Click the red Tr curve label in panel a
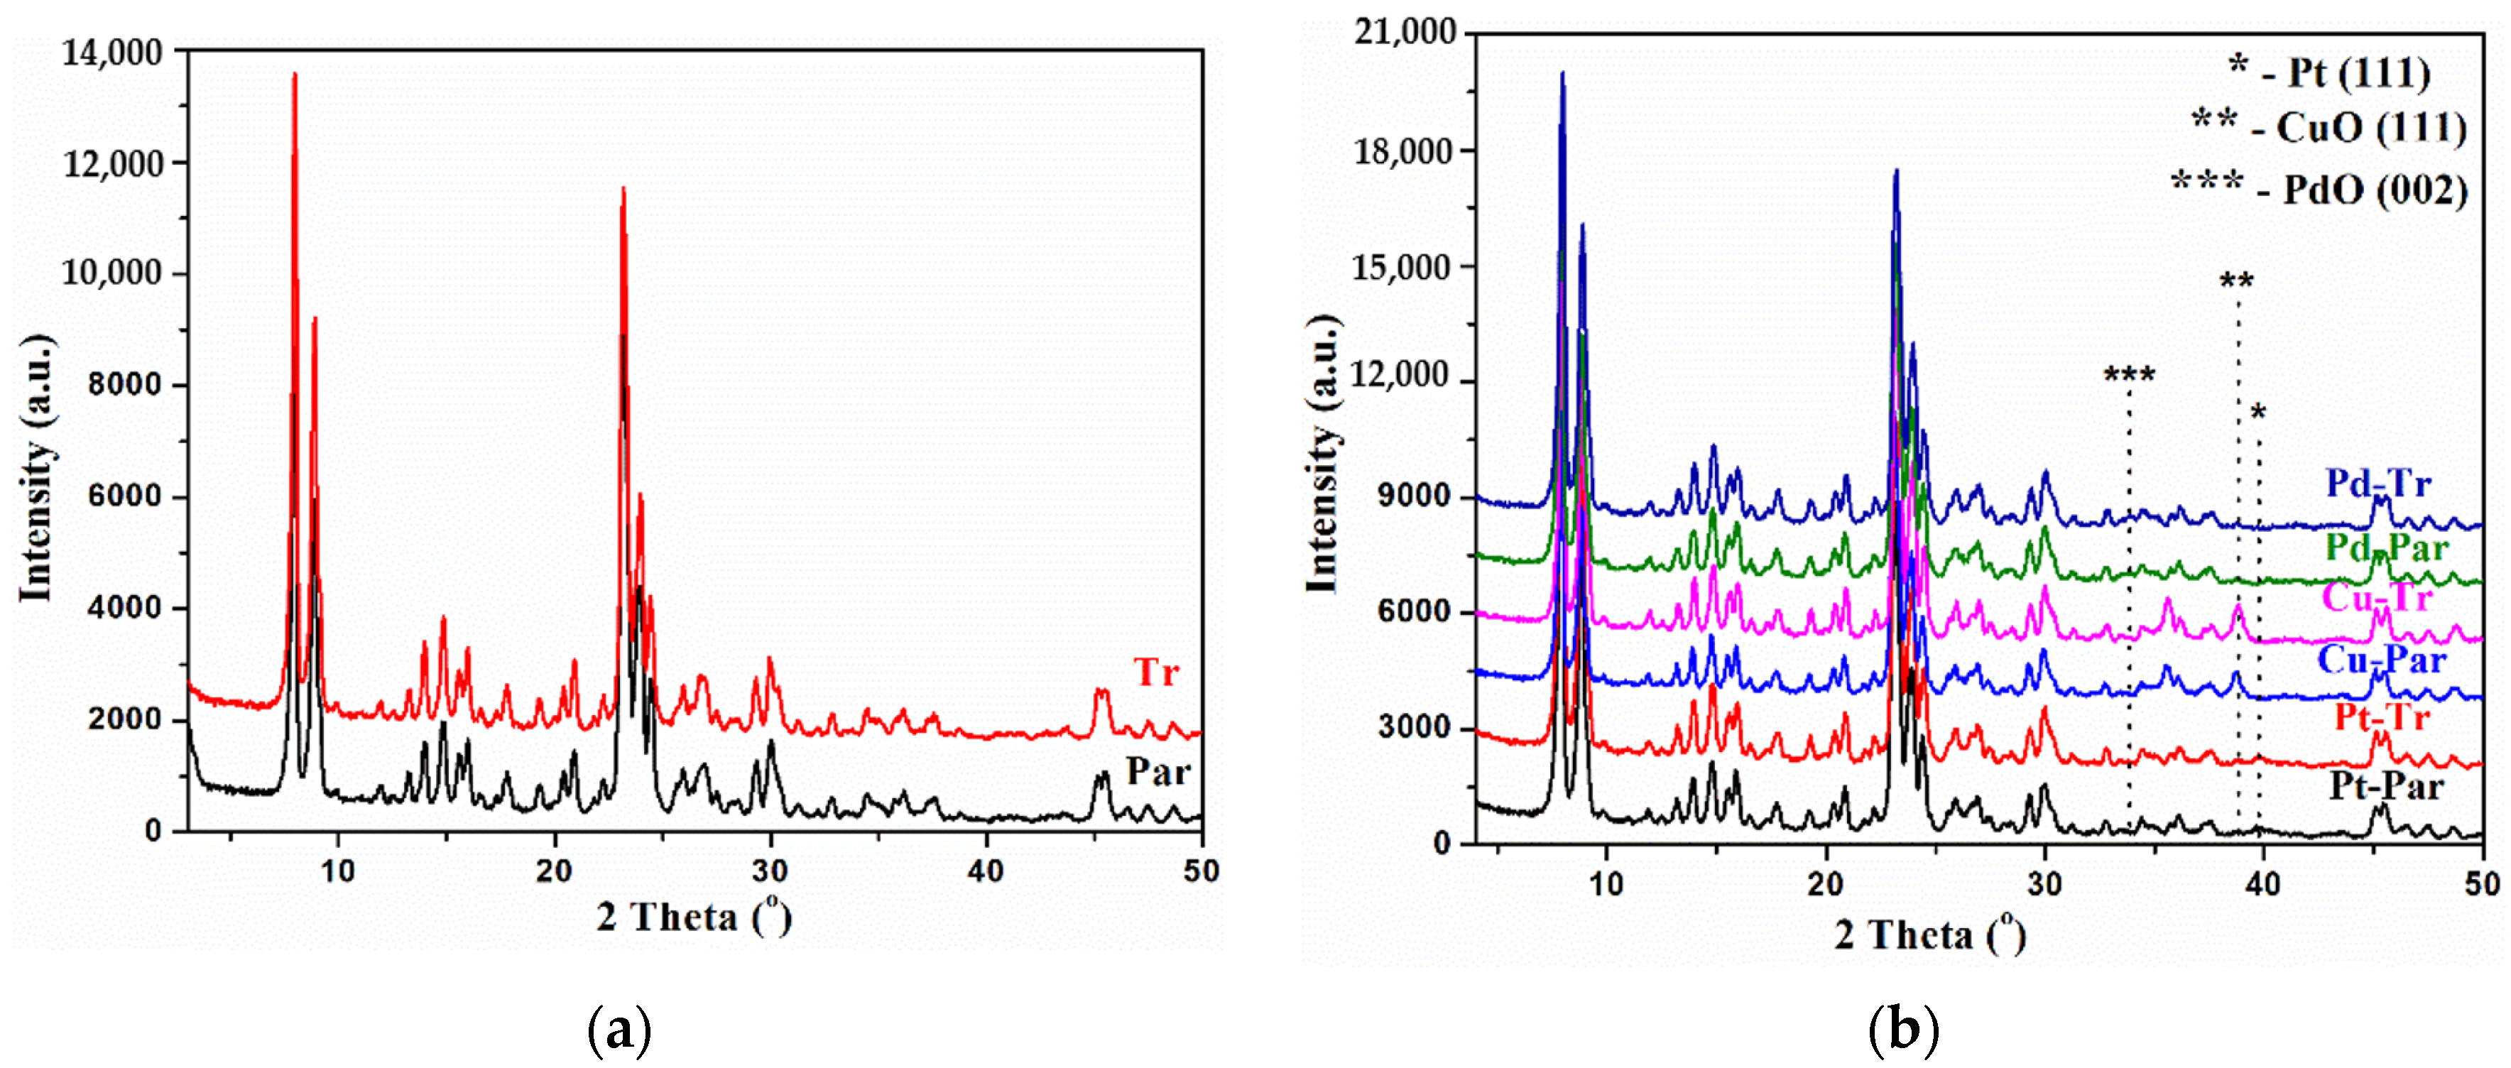1156,672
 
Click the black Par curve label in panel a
1158,772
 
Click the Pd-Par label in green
2386,547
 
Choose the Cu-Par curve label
2381,660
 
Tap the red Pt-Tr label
2381,718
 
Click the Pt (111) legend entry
2330,73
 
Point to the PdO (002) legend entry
2320,188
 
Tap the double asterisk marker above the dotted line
2236,283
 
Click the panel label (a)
620,1029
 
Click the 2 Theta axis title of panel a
693,917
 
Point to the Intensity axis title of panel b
1323,453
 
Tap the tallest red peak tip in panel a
295,74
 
